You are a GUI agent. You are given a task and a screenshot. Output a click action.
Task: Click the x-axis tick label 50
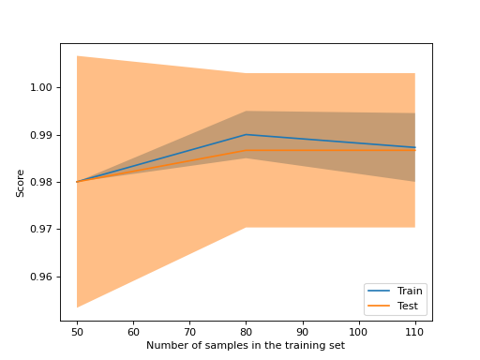pyautogui.click(x=77, y=332)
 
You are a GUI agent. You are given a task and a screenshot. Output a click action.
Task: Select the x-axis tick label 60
pyautogui.click(x=133, y=332)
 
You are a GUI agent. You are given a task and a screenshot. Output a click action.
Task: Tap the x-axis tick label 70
pyautogui.click(x=189, y=332)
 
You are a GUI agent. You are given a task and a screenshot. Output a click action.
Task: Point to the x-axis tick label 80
pyautogui.click(x=246, y=332)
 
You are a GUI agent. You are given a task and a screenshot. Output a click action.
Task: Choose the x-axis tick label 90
pyautogui.click(x=302, y=332)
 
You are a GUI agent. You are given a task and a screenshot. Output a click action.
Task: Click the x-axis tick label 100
pyautogui.click(x=358, y=332)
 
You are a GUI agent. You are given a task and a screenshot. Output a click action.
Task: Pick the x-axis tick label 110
pyautogui.click(x=414, y=332)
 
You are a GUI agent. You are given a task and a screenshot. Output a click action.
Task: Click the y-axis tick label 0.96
pyautogui.click(x=41, y=277)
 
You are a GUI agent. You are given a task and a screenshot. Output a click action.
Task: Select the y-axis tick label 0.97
pyautogui.click(x=41, y=230)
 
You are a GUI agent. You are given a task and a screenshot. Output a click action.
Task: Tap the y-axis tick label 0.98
pyautogui.click(x=41, y=182)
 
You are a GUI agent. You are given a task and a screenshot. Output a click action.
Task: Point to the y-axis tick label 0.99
pyautogui.click(x=41, y=135)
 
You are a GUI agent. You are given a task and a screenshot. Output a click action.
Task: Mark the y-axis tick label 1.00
pyautogui.click(x=41, y=87)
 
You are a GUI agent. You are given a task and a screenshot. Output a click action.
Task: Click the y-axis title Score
pyautogui.click(x=20, y=182)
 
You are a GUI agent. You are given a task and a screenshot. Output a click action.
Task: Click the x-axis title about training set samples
pyautogui.click(x=246, y=346)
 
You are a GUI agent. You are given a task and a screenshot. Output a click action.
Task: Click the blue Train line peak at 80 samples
pyautogui.click(x=246, y=135)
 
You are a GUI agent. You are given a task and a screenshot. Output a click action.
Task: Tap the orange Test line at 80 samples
pyautogui.click(x=246, y=150)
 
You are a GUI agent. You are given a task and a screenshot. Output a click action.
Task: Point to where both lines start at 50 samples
pyautogui.click(x=77, y=182)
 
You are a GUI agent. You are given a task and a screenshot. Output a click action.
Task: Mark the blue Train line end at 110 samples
pyautogui.click(x=414, y=147)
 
